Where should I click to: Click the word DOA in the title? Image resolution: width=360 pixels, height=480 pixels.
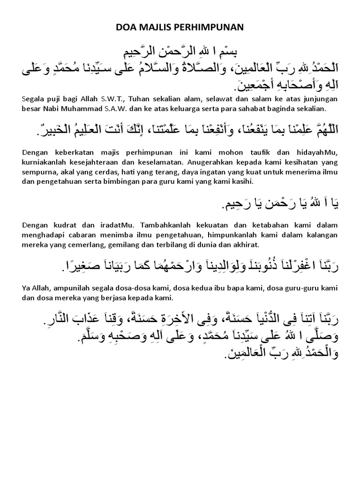[126, 28]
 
